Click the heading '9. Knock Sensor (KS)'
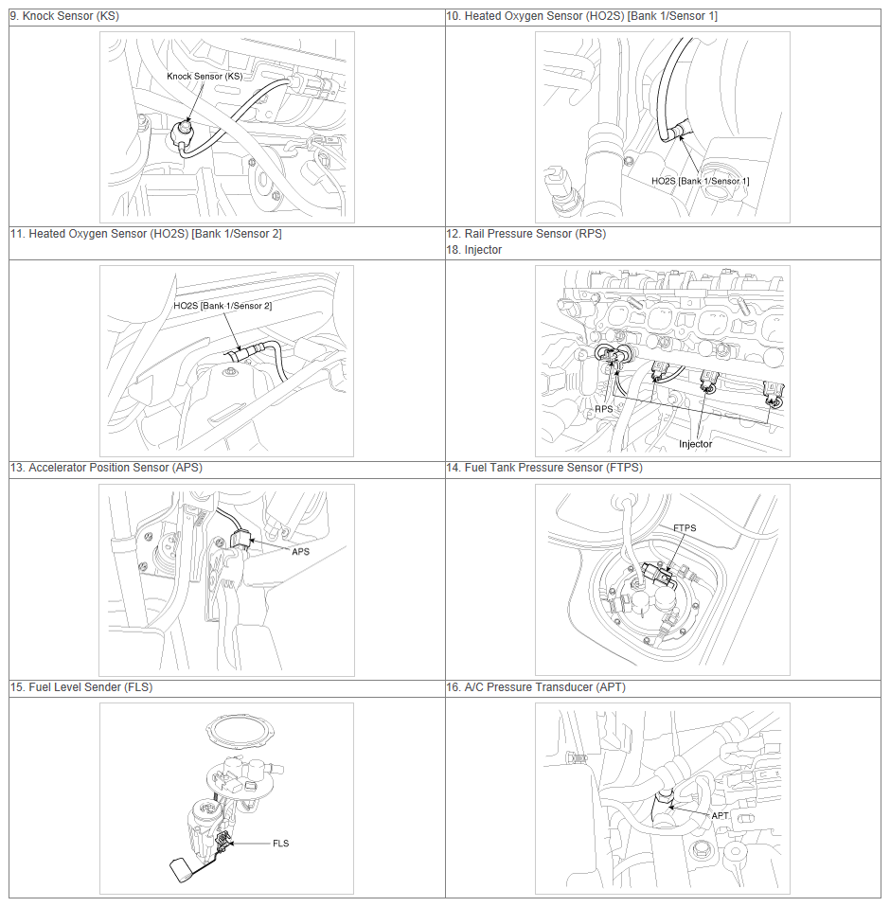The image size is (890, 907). tap(64, 16)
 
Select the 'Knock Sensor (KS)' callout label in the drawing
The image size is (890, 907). tap(205, 77)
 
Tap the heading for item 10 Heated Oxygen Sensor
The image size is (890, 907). tap(581, 16)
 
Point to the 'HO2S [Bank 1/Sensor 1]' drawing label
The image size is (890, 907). tap(700, 181)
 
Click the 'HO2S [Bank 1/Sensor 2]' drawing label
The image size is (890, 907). tap(222, 306)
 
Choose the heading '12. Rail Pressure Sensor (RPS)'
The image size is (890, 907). tap(526, 234)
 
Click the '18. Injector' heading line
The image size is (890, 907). tap(474, 250)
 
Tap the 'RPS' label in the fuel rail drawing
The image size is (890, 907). tap(604, 409)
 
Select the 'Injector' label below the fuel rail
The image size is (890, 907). tap(695, 444)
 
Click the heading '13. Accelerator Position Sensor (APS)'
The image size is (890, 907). tap(106, 468)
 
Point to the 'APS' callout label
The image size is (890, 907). tap(301, 552)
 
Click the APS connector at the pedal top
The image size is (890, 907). tap(240, 539)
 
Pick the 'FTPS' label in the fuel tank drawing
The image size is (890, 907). tap(685, 528)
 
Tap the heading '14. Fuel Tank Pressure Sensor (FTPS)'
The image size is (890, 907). tap(544, 468)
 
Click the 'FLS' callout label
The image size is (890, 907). tap(281, 844)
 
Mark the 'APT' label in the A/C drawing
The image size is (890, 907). tap(720, 815)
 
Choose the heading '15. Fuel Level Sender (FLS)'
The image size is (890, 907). tap(81, 687)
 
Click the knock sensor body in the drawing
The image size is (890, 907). tap(184, 135)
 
